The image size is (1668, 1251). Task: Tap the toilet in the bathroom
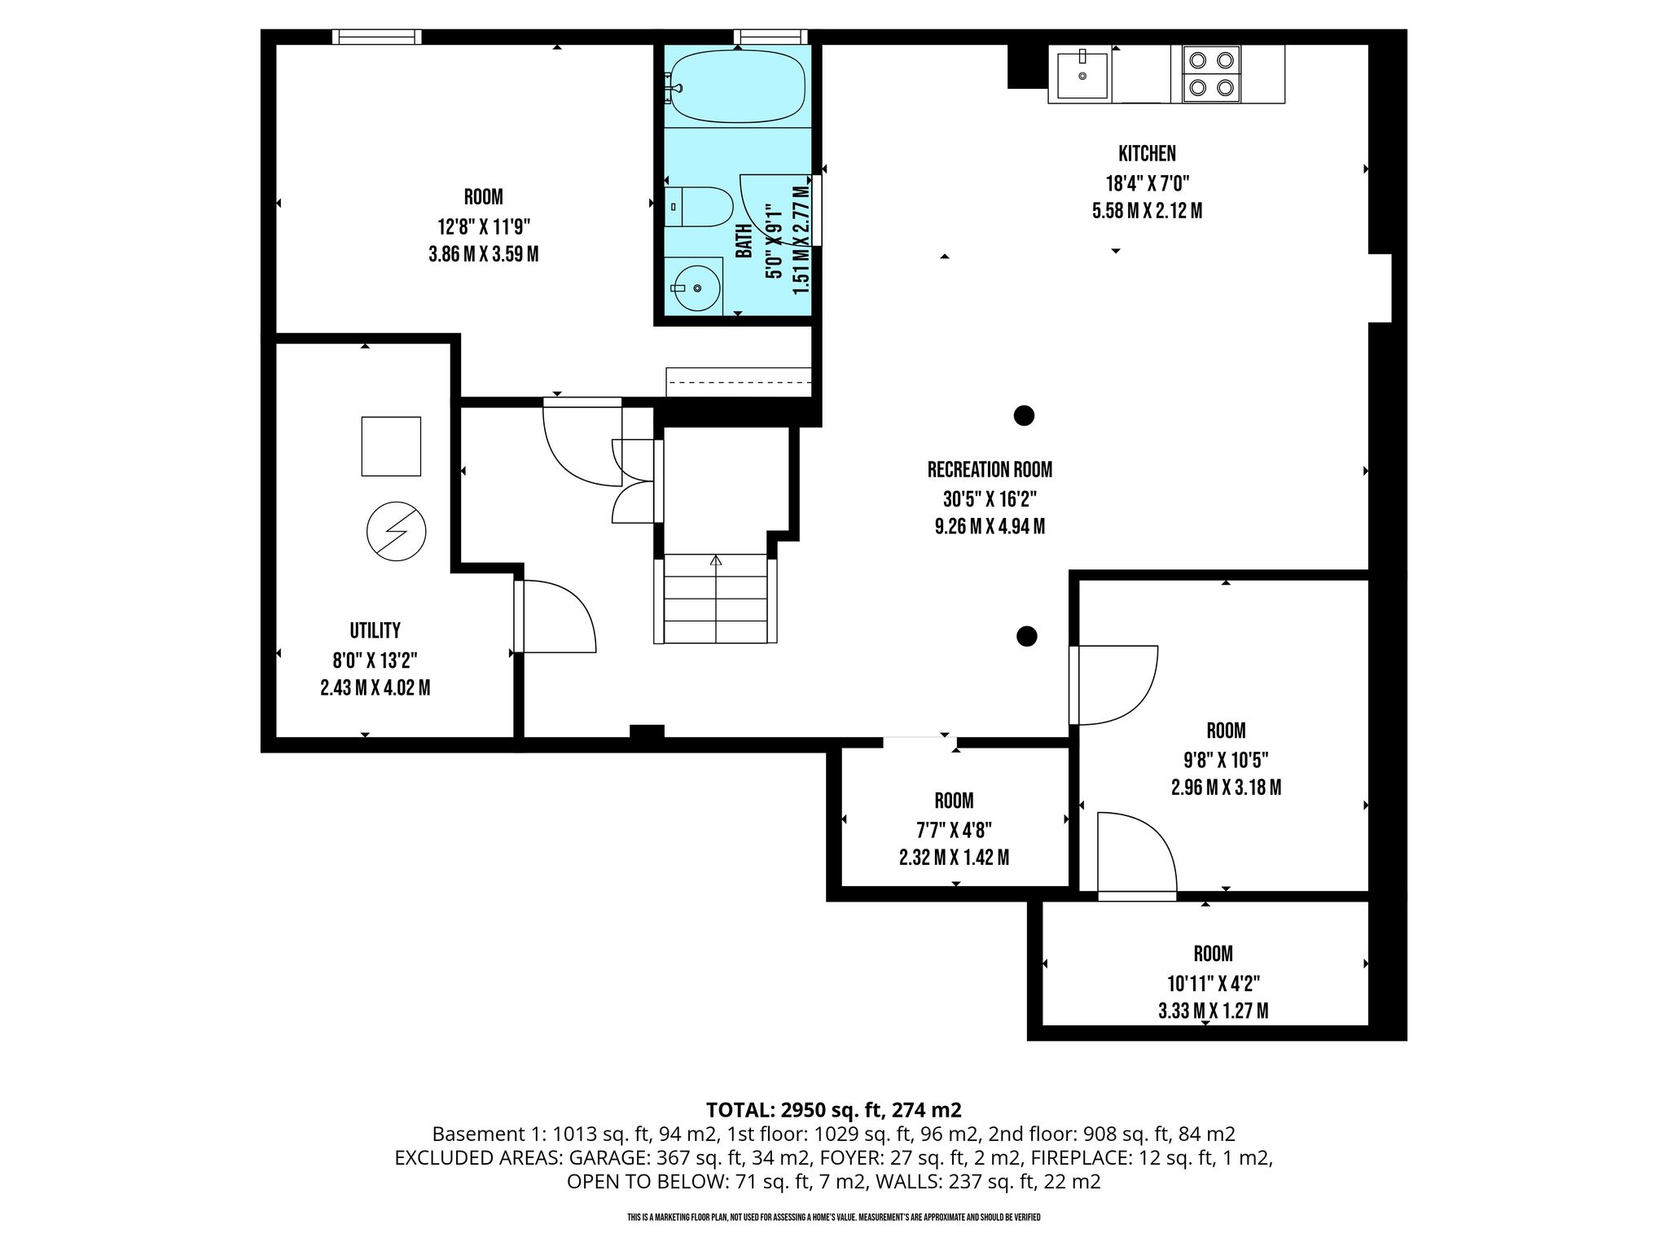699,207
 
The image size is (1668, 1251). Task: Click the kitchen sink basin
1082,75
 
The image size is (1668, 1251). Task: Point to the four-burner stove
1211,74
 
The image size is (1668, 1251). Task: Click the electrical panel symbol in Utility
397,531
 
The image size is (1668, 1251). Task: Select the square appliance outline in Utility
391,446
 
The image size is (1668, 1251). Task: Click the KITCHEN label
1147,153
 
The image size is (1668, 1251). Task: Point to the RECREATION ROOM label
990,469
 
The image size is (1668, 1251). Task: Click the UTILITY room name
375,630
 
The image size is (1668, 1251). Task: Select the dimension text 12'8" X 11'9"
484,226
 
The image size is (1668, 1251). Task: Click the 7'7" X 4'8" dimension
954,830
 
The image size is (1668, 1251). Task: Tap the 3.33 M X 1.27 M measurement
1213,1011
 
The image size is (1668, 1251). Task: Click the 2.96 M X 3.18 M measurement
1226,788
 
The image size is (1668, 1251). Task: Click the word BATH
744,241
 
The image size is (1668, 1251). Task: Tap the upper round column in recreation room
1024,415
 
